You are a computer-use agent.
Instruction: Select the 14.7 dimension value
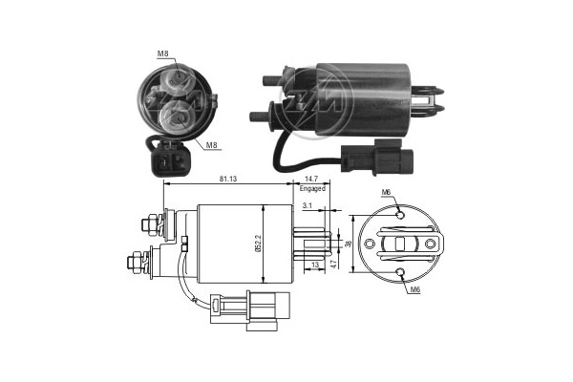[x=311, y=178]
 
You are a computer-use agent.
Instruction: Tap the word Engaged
[x=312, y=188]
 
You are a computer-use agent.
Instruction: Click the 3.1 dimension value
[x=305, y=205]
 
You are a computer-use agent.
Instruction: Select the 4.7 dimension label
[x=334, y=260]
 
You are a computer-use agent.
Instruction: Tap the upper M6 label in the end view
[x=387, y=193]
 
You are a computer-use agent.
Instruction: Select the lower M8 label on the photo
[x=212, y=145]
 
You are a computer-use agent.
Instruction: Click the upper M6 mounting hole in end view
[x=400, y=215]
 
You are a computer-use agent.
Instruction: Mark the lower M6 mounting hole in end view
[x=400, y=275]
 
